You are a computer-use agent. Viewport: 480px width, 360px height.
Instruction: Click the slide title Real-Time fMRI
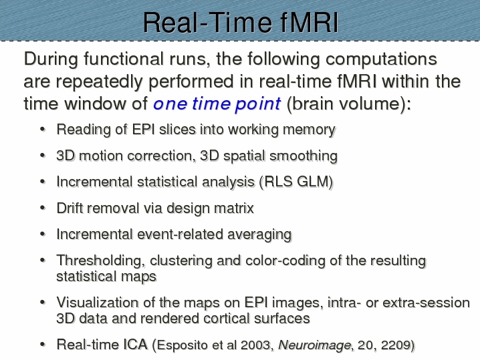tap(241, 22)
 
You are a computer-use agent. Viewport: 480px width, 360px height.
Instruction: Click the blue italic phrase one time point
tap(217, 104)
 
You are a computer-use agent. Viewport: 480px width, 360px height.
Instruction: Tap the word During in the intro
tap(51, 59)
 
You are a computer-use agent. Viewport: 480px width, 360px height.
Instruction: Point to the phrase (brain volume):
tap(349, 104)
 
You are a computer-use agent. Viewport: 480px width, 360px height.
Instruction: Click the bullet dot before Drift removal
tap(43, 208)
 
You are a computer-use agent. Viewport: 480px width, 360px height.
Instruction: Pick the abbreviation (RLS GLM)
tap(296, 182)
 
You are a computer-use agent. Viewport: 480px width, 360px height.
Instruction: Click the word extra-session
tap(426, 303)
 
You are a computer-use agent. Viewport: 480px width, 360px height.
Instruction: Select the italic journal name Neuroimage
tap(315, 345)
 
